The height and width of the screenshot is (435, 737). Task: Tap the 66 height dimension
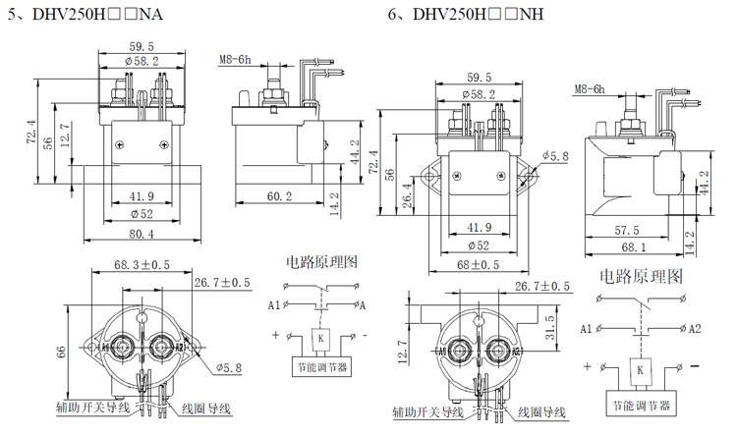click(60, 351)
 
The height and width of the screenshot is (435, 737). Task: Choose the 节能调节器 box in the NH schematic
click(640, 403)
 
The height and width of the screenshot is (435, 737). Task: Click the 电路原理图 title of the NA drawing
click(319, 262)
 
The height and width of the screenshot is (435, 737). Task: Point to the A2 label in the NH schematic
click(695, 327)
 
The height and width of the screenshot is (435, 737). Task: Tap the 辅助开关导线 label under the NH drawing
click(429, 411)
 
